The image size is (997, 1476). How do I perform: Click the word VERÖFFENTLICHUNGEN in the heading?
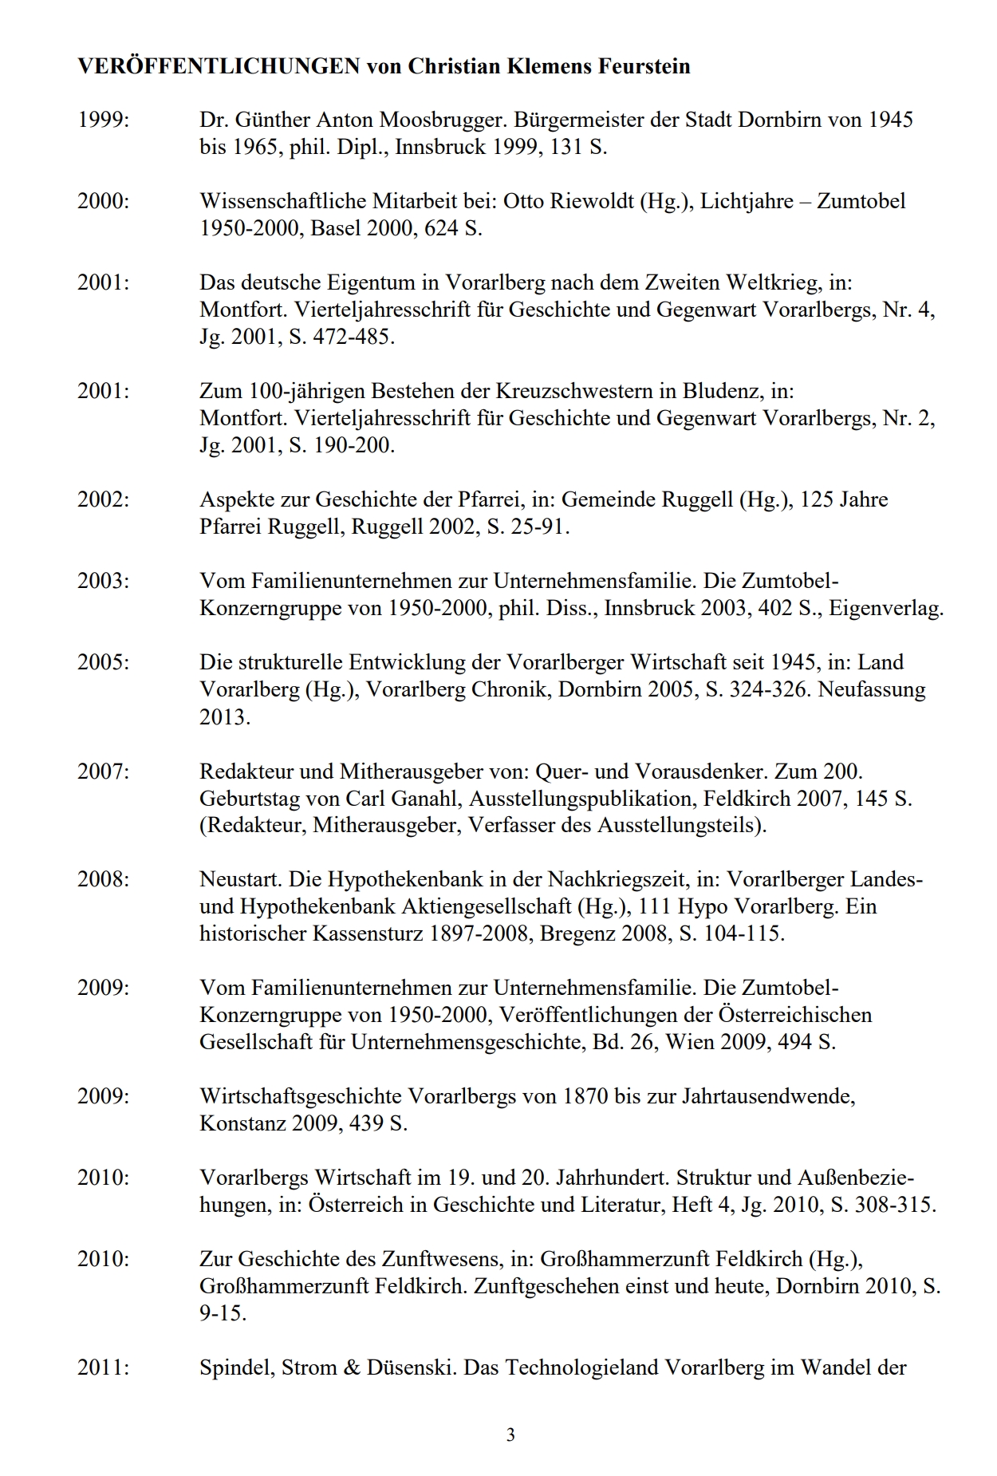[219, 66]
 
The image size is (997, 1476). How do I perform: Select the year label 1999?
[103, 120]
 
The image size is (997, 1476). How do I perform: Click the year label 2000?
[103, 201]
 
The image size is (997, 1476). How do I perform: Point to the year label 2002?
[103, 499]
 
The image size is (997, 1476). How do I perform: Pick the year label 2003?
[103, 581]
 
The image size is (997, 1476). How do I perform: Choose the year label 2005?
[103, 662]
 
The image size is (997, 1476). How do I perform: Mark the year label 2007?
[103, 772]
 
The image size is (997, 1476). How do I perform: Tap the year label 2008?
[103, 879]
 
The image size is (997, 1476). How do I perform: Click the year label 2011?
[103, 1367]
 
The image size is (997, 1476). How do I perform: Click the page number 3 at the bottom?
[510, 1435]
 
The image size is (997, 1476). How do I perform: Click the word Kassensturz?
[367, 933]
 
